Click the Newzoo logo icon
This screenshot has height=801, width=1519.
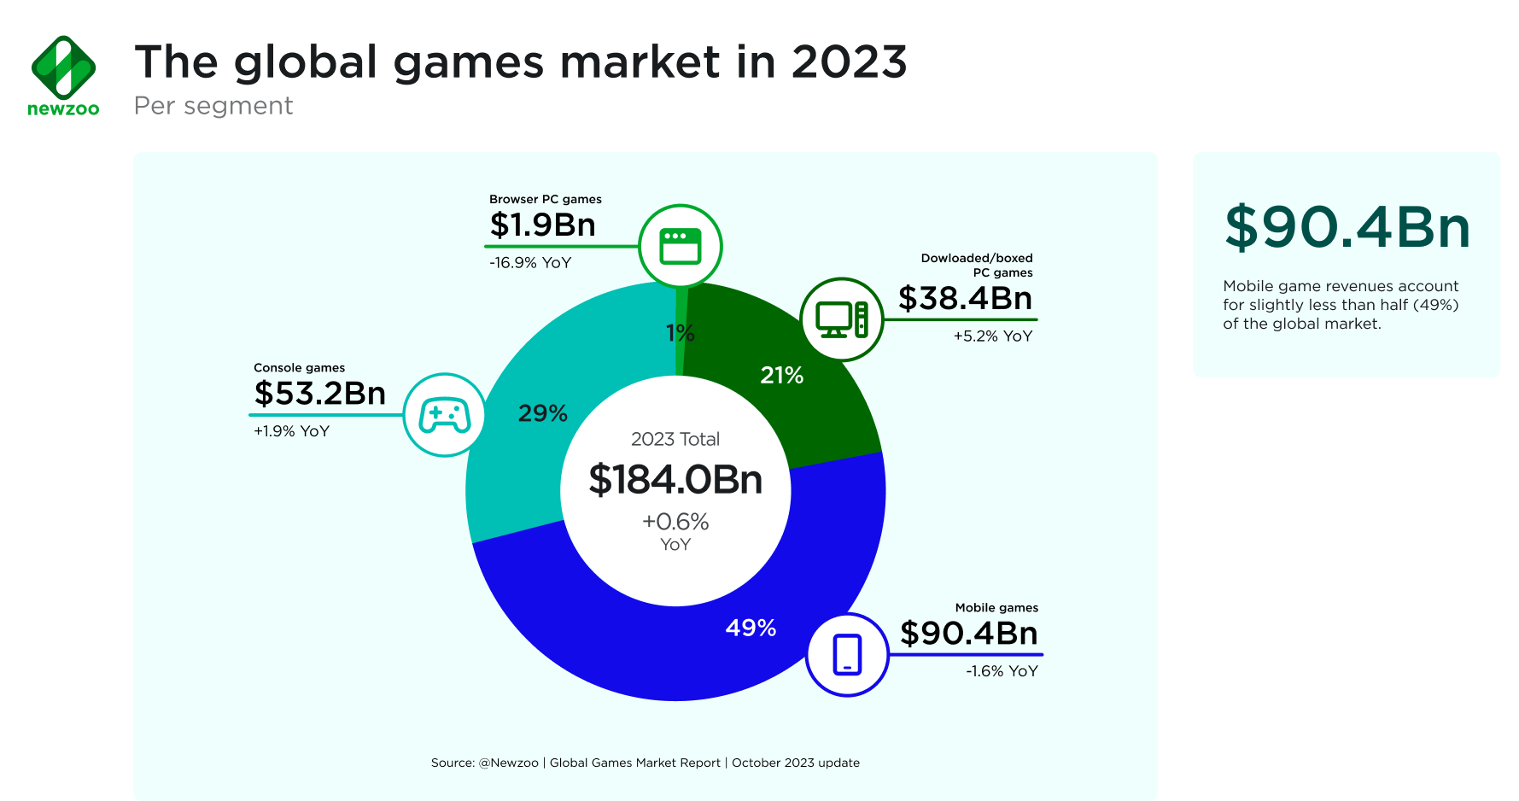click(x=63, y=67)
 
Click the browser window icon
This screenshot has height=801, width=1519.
click(x=681, y=247)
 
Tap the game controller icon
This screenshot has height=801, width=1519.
click(x=444, y=415)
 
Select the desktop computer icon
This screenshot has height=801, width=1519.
click(x=841, y=319)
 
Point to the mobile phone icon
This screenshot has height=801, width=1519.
click(x=847, y=655)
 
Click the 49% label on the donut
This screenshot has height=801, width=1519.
click(x=751, y=629)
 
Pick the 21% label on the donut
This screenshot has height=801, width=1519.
click(x=781, y=375)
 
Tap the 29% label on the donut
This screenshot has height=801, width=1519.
click(x=542, y=413)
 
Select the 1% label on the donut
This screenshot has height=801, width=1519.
click(x=680, y=333)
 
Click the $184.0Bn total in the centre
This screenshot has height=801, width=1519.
click(x=675, y=479)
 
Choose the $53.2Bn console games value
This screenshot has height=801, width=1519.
click(x=320, y=393)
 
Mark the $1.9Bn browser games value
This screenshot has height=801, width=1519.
click(x=542, y=225)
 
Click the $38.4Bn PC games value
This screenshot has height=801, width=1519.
click(x=965, y=298)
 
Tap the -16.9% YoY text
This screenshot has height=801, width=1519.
click(x=530, y=263)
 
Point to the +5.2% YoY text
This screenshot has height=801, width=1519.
click(x=992, y=336)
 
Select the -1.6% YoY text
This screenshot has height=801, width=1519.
click(x=1002, y=671)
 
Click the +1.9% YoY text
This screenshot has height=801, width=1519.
click(x=291, y=431)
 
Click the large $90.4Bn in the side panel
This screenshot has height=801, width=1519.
click(x=1347, y=228)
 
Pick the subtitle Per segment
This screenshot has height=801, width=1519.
click(x=213, y=106)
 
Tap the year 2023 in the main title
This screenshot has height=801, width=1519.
click(x=849, y=62)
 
